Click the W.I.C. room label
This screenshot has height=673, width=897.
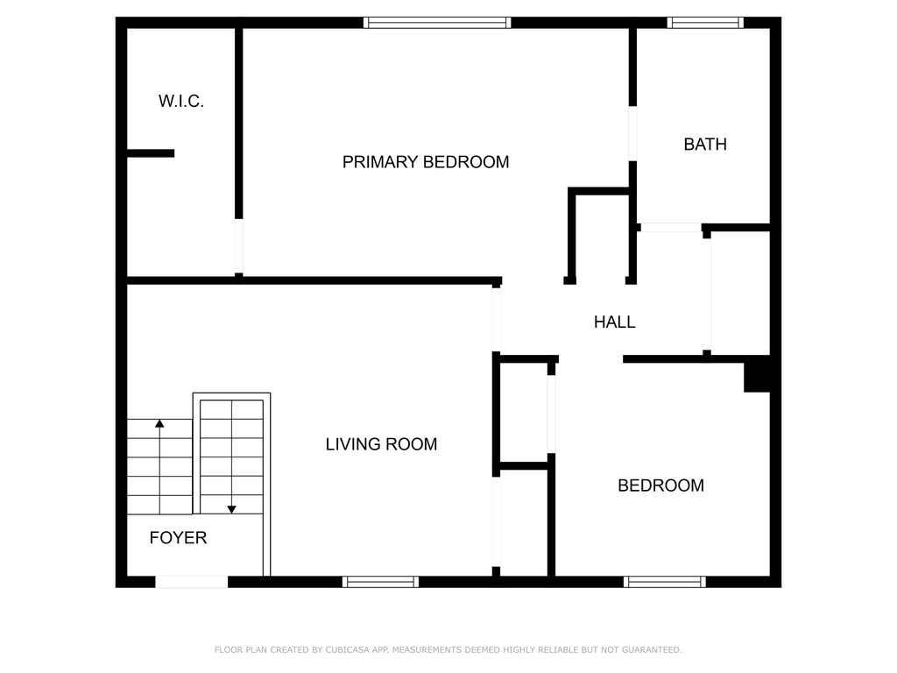point(180,102)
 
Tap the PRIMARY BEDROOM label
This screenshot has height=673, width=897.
point(426,162)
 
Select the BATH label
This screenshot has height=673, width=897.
point(705,145)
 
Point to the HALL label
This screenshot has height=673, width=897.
point(614,322)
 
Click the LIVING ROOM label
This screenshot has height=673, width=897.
point(382,444)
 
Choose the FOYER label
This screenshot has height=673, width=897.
point(178,538)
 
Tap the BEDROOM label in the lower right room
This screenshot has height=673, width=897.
point(660,485)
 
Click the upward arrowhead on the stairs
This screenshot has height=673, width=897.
point(159,423)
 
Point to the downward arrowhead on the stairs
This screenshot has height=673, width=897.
point(231,509)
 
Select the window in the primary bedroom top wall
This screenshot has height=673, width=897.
point(437,23)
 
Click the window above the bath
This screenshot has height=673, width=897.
point(705,23)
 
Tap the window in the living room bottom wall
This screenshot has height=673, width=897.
point(380,582)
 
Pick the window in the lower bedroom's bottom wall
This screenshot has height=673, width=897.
point(665,582)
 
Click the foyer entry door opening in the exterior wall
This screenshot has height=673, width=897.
point(192,582)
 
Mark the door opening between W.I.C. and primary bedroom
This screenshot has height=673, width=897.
point(239,246)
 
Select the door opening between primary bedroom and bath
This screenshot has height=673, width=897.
point(632,133)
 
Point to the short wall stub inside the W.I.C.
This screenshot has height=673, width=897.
point(151,153)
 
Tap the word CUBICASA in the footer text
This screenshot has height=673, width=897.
point(347,650)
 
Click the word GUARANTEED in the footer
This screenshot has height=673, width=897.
point(652,650)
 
